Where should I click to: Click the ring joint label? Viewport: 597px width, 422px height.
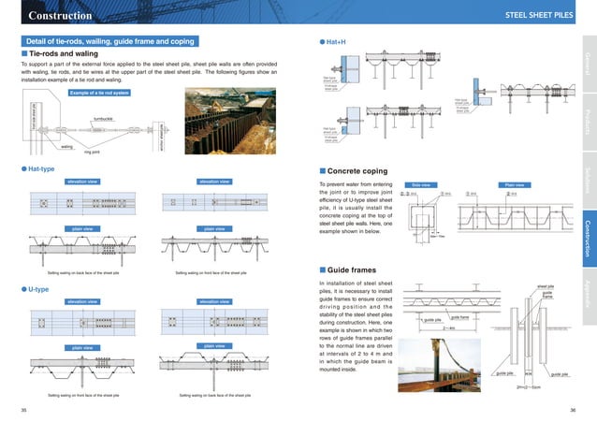point(92,150)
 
